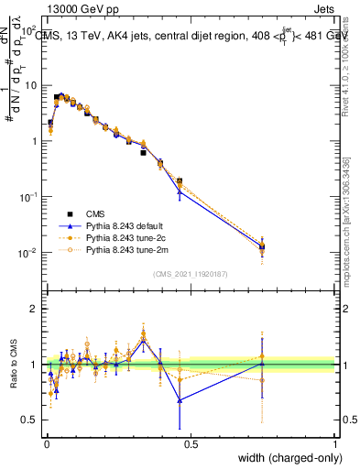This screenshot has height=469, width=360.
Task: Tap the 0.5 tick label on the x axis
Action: coord(190,443)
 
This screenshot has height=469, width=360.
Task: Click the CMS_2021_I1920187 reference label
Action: coord(190,274)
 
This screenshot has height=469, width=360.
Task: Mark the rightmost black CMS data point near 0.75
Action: coord(262,246)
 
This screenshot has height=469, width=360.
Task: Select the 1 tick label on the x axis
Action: coord(334,443)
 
